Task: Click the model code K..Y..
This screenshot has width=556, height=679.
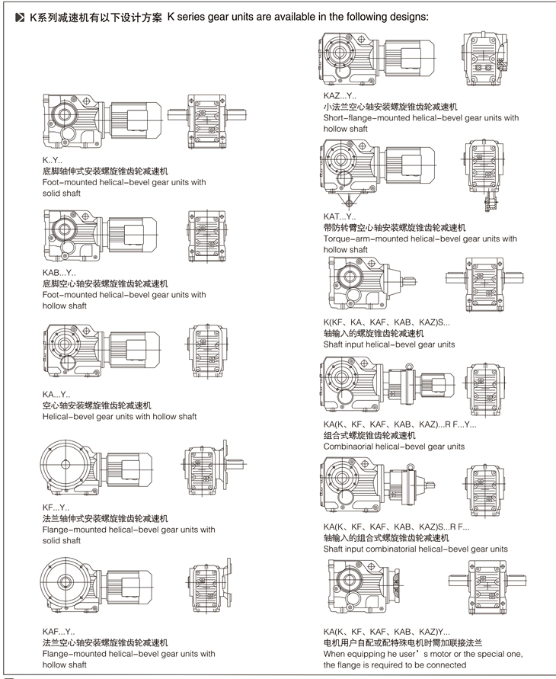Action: [x=53, y=161]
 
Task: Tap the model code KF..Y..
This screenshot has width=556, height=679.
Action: [x=56, y=508]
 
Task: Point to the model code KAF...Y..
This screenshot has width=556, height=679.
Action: [x=59, y=632]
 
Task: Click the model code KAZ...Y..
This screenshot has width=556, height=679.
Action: [x=340, y=96]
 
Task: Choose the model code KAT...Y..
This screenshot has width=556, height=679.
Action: [x=340, y=217]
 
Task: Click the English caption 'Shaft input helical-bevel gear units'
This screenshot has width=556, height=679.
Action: [x=388, y=344]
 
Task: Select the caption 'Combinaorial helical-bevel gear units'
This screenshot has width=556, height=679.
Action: [x=394, y=447]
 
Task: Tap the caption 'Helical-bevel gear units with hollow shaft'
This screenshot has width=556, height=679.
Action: [x=120, y=417]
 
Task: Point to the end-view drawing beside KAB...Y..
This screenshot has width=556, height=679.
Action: [x=206, y=233]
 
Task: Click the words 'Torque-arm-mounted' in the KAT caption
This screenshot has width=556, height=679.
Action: [x=363, y=239]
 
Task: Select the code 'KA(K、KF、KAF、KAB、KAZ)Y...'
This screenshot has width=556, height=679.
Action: [x=387, y=632]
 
